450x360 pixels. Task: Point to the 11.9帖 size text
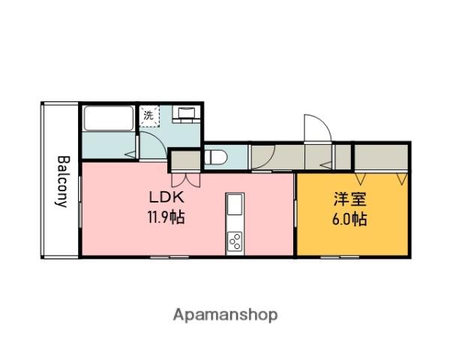click(167, 218)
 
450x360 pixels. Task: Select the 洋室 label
click(350, 201)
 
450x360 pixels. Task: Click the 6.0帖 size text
click(350, 220)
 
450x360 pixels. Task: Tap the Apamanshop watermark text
click(225, 314)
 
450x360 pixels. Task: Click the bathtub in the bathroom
click(109, 120)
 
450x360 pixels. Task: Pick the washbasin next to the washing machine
click(185, 114)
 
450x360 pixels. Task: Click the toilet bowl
click(215, 157)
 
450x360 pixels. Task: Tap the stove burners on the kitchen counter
click(235, 241)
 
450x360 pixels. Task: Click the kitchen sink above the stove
click(235, 205)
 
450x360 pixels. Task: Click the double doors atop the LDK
click(185, 178)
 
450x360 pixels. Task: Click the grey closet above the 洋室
click(381, 157)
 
